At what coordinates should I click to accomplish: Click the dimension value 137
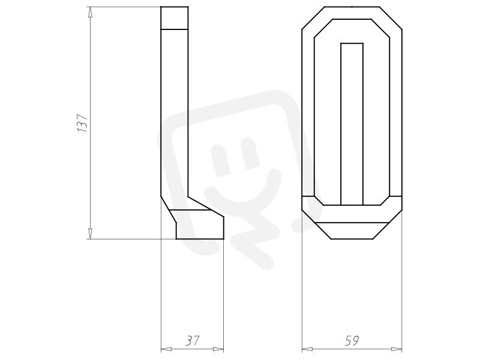point(82,123)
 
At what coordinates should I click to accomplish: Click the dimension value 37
point(193,341)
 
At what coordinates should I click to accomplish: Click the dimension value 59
point(352,341)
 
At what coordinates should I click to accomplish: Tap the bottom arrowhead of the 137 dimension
point(90,233)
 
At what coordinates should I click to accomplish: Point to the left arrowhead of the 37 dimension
point(167,349)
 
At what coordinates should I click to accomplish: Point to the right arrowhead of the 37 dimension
point(218,349)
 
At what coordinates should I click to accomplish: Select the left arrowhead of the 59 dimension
point(307,349)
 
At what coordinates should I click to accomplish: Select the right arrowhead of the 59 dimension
point(397,349)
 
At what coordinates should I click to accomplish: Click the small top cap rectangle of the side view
point(175,18)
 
